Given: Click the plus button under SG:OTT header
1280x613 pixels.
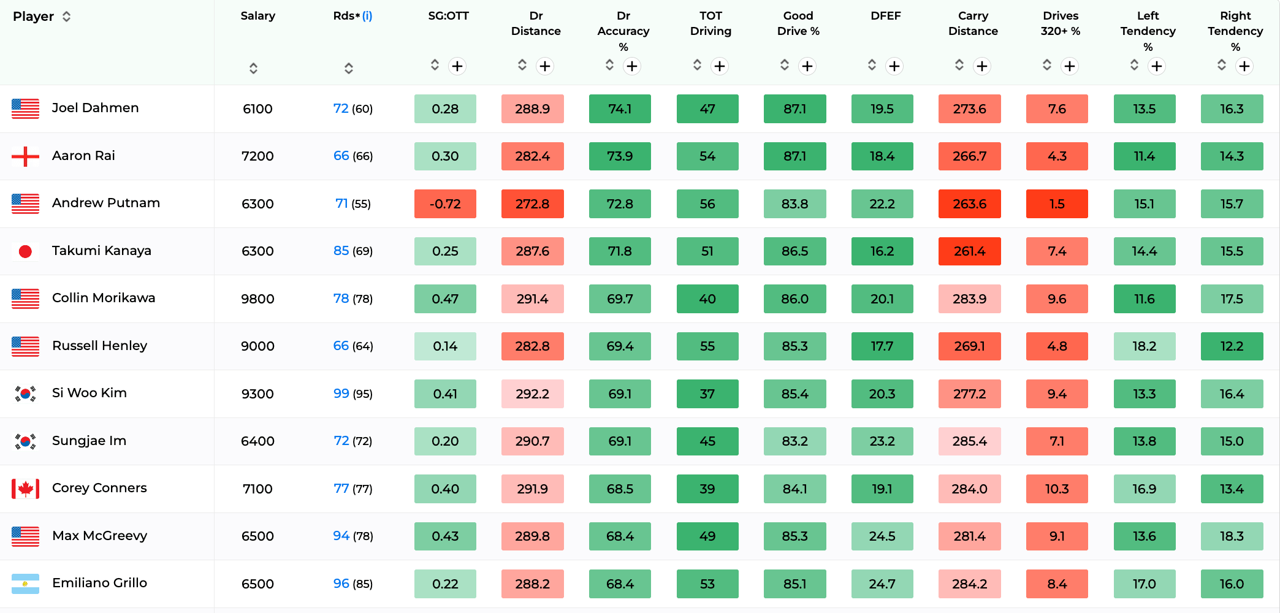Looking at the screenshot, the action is tap(457, 66).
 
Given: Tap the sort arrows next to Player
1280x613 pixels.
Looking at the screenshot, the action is tap(67, 17).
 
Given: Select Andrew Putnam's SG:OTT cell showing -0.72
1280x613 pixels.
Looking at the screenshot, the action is tap(445, 204).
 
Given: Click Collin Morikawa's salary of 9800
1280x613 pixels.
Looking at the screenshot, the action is tap(257, 299).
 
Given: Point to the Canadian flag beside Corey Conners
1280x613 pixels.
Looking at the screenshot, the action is tap(25, 489).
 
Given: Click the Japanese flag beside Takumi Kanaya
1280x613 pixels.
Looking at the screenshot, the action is tap(25, 251).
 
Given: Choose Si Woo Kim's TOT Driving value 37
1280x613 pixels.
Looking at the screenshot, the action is tap(707, 394).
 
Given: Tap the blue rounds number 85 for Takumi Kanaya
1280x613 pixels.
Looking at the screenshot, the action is tap(341, 251).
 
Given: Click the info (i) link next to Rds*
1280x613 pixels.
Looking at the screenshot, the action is tap(367, 16).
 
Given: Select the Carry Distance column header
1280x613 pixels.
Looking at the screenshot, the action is tap(973, 23).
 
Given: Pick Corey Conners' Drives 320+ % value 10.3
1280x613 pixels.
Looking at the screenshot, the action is tap(1057, 489).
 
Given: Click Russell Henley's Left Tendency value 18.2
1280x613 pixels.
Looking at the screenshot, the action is tap(1145, 346).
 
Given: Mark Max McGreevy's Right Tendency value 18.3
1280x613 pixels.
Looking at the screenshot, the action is tap(1232, 536).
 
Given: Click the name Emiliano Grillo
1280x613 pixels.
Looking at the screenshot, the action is tap(99, 583).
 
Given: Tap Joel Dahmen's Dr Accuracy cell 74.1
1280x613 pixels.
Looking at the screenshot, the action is tap(620, 109).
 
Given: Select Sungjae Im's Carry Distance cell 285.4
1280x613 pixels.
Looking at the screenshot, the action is tap(970, 441).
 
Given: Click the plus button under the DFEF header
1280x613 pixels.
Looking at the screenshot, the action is tap(894, 66).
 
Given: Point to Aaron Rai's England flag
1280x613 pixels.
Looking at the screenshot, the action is tap(25, 156).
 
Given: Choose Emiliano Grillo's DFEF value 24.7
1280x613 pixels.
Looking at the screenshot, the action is tap(882, 584).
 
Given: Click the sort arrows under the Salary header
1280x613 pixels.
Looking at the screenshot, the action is tap(253, 68).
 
